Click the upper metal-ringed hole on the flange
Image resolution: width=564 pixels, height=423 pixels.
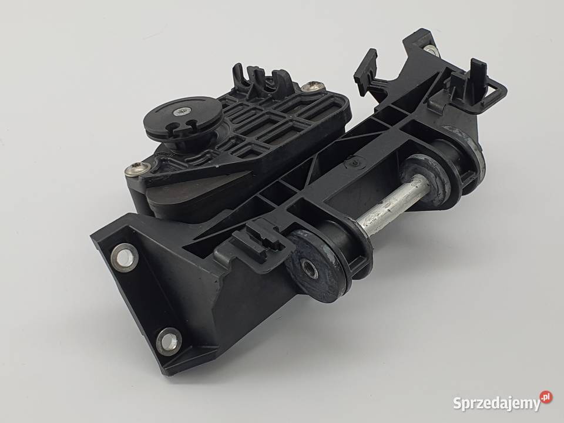coord(124,256)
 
